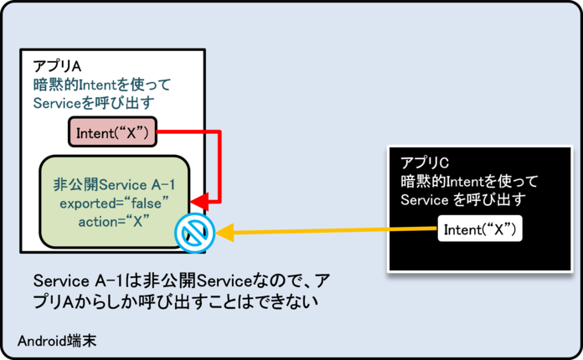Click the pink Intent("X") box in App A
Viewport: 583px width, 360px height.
[111, 132]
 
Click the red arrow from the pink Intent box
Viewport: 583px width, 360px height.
[219, 167]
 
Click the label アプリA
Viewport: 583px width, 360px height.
[58, 66]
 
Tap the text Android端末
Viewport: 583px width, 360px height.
[54, 340]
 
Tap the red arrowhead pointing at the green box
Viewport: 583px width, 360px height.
[198, 202]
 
